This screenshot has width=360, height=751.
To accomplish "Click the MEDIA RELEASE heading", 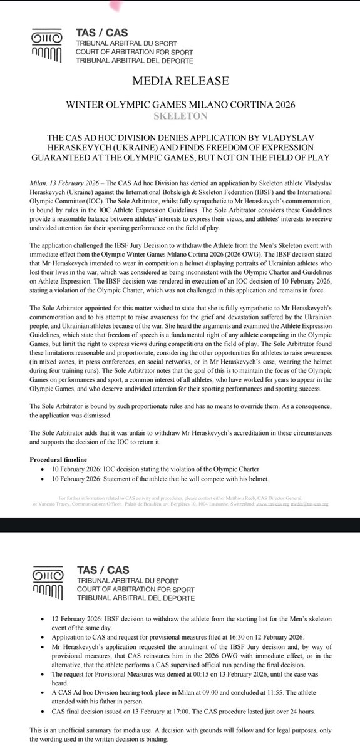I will [x=180, y=81].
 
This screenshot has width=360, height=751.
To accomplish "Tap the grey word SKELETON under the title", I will [x=180, y=116].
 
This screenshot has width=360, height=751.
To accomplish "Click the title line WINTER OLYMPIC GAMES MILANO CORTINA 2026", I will [x=180, y=106].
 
